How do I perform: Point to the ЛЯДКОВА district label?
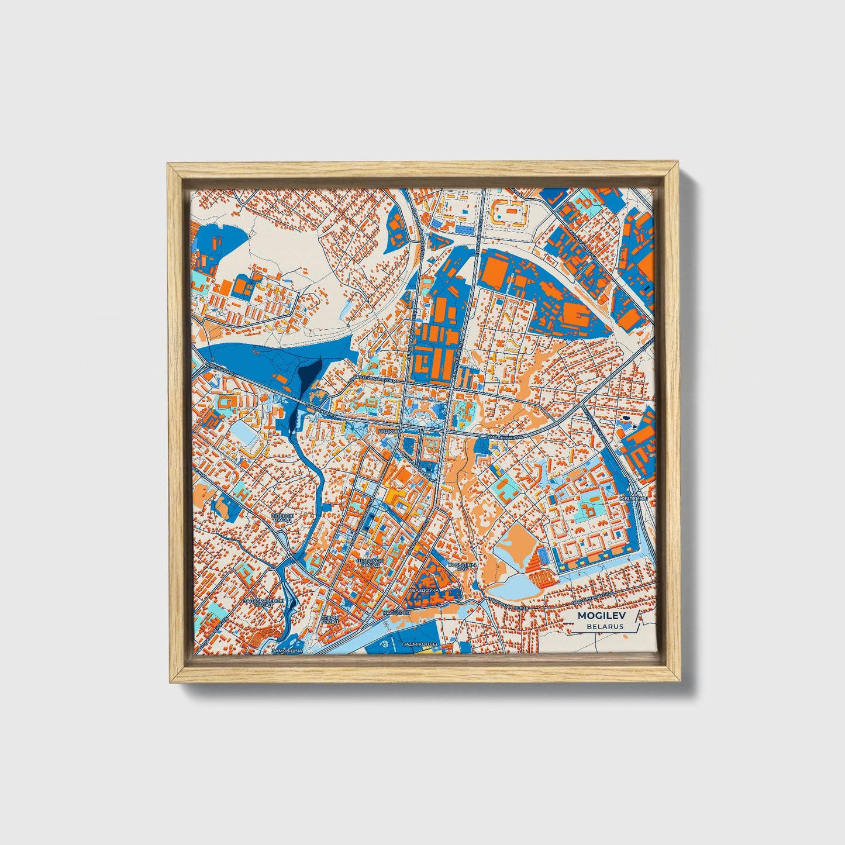[x=391, y=430]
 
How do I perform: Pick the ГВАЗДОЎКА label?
[x=423, y=591]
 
